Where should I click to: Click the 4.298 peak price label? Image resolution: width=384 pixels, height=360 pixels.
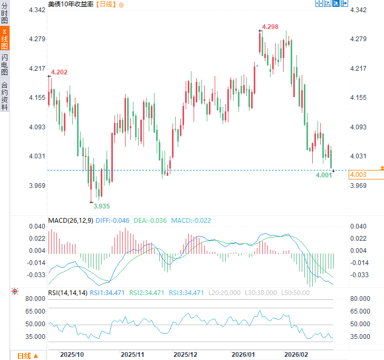click(270, 27)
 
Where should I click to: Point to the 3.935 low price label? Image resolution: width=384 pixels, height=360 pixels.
click(102, 206)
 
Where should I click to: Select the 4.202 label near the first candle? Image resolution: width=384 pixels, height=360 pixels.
click(59, 72)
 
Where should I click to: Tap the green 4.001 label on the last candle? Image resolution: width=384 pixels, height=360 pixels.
click(324, 175)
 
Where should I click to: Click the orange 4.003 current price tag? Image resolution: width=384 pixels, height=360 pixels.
click(358, 175)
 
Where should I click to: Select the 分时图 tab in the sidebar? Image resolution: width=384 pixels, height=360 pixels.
click(5, 14)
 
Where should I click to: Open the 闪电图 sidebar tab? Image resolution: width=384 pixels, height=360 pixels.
click(5, 65)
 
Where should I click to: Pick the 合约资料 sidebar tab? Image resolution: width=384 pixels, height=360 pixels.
click(5, 96)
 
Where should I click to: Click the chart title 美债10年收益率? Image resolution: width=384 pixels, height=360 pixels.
click(71, 4)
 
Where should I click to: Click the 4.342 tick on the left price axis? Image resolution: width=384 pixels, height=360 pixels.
click(37, 11)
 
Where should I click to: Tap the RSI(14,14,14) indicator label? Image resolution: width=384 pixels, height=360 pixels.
click(67, 292)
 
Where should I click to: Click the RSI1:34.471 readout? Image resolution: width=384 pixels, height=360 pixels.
click(108, 292)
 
